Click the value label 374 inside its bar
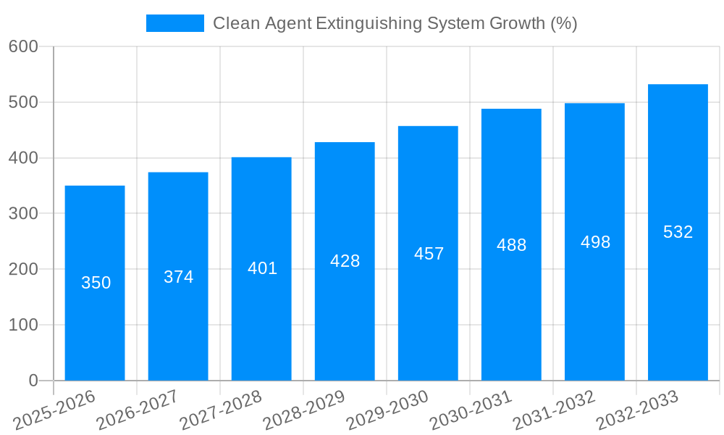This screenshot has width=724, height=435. [178, 277]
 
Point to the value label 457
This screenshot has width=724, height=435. [429, 254]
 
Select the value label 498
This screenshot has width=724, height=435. [595, 242]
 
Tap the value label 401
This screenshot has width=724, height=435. [262, 268]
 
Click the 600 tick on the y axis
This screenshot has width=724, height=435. [23, 46]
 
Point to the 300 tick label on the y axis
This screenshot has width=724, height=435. [23, 213]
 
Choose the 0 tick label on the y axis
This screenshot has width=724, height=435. [33, 380]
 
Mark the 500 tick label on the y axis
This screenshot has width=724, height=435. [23, 102]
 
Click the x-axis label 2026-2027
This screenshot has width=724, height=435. [138, 410]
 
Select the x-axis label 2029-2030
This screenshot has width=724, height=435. [387, 410]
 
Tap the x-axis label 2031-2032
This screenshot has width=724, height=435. [554, 410]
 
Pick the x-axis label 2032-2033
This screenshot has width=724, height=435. [637, 410]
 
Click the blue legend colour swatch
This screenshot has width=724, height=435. [175, 23]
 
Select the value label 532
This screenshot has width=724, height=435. [678, 232]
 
